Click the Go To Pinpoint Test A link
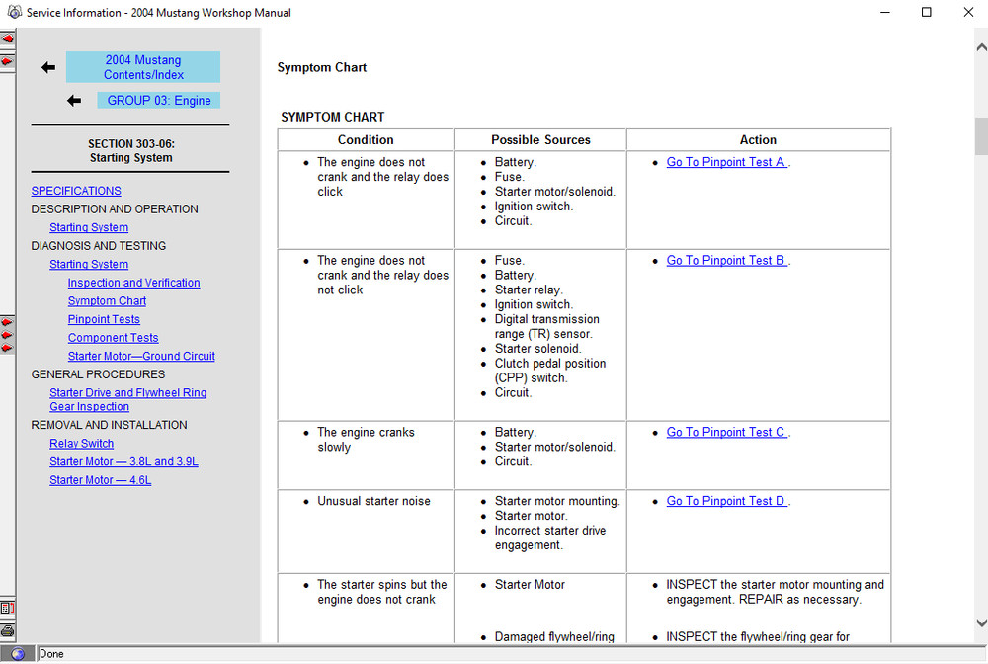[x=726, y=162]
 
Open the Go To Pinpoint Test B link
[x=726, y=261]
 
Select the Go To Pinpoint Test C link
[x=726, y=433]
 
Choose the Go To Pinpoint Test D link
[x=726, y=502]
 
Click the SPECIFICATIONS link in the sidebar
[x=76, y=191]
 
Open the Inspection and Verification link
[x=133, y=283]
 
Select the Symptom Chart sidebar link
[x=107, y=301]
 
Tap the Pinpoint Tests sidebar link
[x=104, y=320]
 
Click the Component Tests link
[x=113, y=338]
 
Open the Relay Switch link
[x=82, y=444]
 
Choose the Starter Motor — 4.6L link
[x=101, y=480]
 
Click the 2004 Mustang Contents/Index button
[x=143, y=67]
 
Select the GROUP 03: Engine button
[x=158, y=101]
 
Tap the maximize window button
[x=926, y=13]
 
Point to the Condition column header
[x=366, y=140]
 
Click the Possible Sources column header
[x=540, y=140]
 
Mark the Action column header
[x=758, y=140]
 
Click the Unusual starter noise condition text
[x=373, y=502]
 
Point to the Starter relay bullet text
[x=529, y=290]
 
